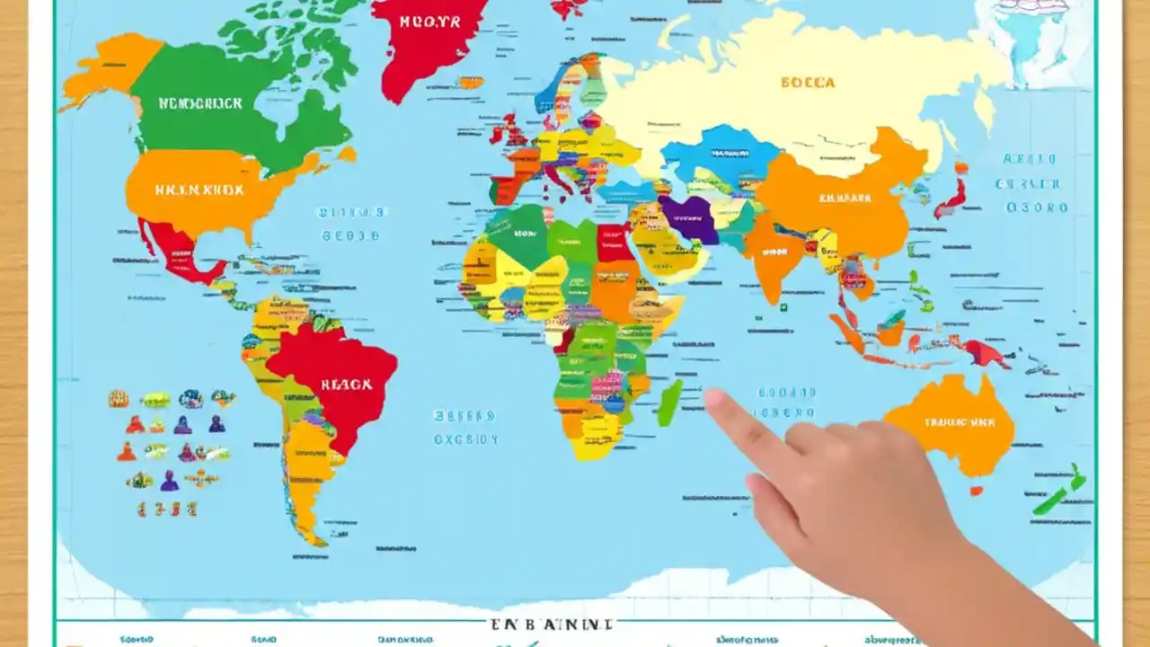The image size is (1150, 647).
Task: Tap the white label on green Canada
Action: click(200, 103)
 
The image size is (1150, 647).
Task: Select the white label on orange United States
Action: click(199, 191)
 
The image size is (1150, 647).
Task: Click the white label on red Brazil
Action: click(346, 385)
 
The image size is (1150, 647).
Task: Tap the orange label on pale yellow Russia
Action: click(808, 83)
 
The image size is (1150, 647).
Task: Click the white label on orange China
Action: click(845, 198)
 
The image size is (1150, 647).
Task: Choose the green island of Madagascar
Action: click(669, 403)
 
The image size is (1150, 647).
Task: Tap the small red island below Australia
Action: click(976, 491)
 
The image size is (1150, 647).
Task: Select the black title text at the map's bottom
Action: click(551, 624)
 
